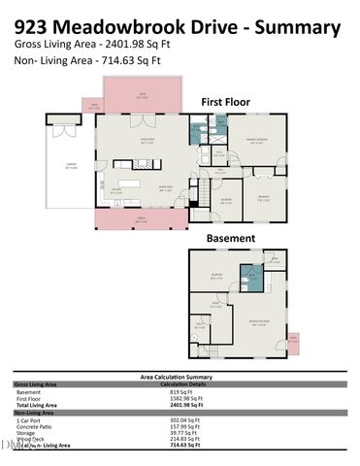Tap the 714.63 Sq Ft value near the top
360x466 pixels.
pyautogui.click(x=126, y=60)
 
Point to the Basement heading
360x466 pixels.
pyautogui.click(x=231, y=238)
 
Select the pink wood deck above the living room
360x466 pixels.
pyautogui.click(x=142, y=95)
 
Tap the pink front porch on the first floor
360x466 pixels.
pyautogui.click(x=142, y=217)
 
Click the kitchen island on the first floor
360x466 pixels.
pyautogui.click(x=132, y=182)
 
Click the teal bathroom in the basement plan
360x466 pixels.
pyautogui.click(x=251, y=279)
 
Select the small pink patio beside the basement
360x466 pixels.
pyautogui.click(x=293, y=341)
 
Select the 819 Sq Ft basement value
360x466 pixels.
pyautogui.click(x=184, y=391)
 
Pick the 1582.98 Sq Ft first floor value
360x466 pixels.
pyautogui.click(x=184, y=398)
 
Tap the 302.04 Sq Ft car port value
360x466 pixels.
pyautogui.click(x=184, y=419)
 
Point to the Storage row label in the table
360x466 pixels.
pyautogui.click(x=29, y=432)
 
